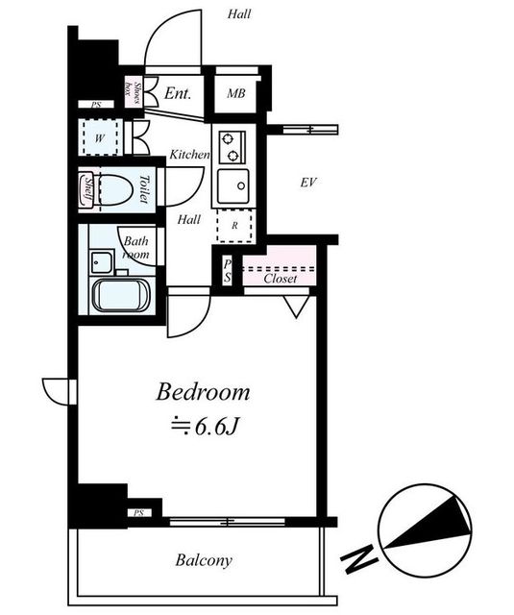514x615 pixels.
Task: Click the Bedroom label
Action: (203, 392)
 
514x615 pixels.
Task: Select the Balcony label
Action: (204, 560)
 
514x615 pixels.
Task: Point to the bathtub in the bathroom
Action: (121, 296)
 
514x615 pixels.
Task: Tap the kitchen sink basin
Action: (233, 185)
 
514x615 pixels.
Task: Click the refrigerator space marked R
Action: (234, 226)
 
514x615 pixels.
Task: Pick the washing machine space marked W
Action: (100, 137)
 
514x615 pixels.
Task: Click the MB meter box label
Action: (236, 93)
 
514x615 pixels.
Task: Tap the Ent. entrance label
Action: (178, 93)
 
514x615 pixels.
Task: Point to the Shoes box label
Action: (133, 93)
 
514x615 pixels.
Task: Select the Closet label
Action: (281, 279)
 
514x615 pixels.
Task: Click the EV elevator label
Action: (308, 183)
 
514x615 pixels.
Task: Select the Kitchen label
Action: (190, 155)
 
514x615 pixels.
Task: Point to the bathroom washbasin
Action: (101, 261)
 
